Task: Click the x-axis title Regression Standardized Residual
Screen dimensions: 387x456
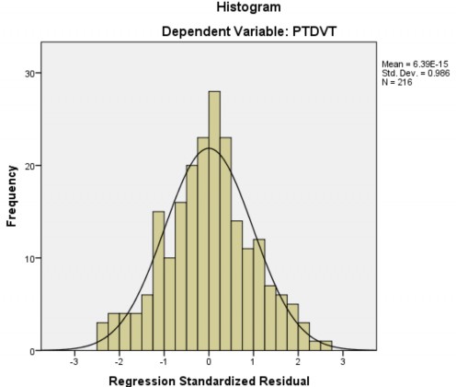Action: tap(209, 380)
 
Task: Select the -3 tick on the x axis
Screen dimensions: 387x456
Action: tap(74, 361)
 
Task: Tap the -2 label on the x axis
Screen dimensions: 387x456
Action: tap(120, 361)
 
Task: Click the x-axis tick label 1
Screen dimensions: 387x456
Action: tap(254, 361)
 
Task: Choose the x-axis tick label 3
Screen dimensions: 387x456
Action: tap(343, 361)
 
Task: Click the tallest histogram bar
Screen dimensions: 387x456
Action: tap(214, 221)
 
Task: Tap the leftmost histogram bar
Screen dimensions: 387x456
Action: tap(102, 336)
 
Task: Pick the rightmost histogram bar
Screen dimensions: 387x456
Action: tap(326, 346)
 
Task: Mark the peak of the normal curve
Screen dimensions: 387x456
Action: tap(209, 148)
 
